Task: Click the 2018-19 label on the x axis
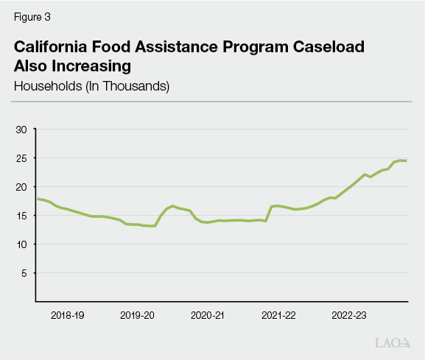click(x=67, y=315)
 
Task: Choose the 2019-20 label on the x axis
click(x=138, y=315)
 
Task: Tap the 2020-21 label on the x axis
click(x=208, y=315)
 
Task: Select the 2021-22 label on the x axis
click(x=278, y=315)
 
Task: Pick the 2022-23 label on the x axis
click(x=349, y=315)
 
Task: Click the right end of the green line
click(x=406, y=160)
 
